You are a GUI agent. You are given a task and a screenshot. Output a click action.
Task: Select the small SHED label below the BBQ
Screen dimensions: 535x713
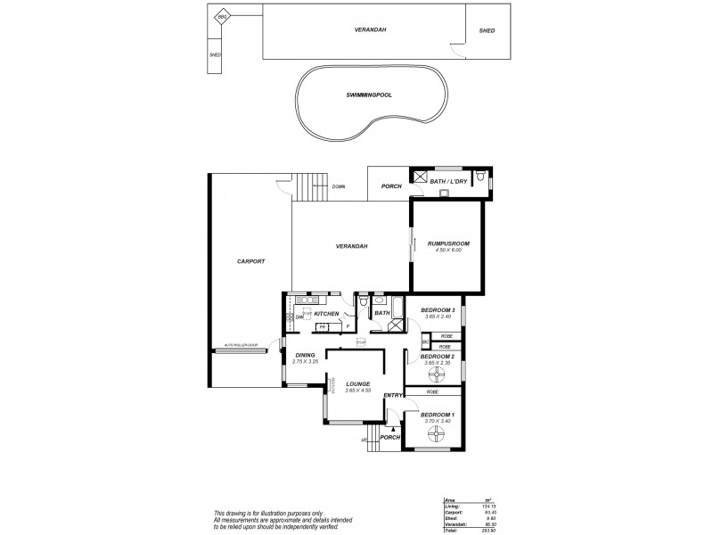pyautogui.click(x=214, y=54)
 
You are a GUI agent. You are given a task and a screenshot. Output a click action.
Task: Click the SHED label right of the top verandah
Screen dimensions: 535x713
pyautogui.click(x=487, y=30)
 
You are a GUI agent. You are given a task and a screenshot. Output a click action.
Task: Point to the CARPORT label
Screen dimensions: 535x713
pyautogui.click(x=250, y=261)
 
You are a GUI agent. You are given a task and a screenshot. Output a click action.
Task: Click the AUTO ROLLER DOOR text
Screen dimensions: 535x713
pyautogui.click(x=240, y=344)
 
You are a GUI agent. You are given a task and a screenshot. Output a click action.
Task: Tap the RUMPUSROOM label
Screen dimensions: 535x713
pyautogui.click(x=448, y=242)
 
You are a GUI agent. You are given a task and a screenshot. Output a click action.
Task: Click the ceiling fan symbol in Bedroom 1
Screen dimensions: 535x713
pyautogui.click(x=436, y=434)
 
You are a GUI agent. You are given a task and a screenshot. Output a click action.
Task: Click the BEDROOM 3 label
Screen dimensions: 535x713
pyautogui.click(x=438, y=309)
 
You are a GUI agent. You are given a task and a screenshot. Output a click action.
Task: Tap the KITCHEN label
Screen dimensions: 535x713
pyautogui.click(x=325, y=314)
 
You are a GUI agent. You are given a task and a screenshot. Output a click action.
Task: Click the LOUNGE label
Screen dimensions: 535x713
pyautogui.click(x=358, y=384)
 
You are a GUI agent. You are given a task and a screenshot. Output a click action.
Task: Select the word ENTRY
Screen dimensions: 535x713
pyautogui.click(x=393, y=395)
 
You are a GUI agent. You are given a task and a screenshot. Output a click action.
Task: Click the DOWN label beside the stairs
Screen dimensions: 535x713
pyautogui.click(x=339, y=187)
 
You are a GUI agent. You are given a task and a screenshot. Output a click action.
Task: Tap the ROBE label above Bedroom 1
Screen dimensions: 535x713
pyautogui.click(x=432, y=392)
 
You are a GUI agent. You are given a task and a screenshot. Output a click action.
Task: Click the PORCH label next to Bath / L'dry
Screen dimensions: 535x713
pyautogui.click(x=390, y=187)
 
